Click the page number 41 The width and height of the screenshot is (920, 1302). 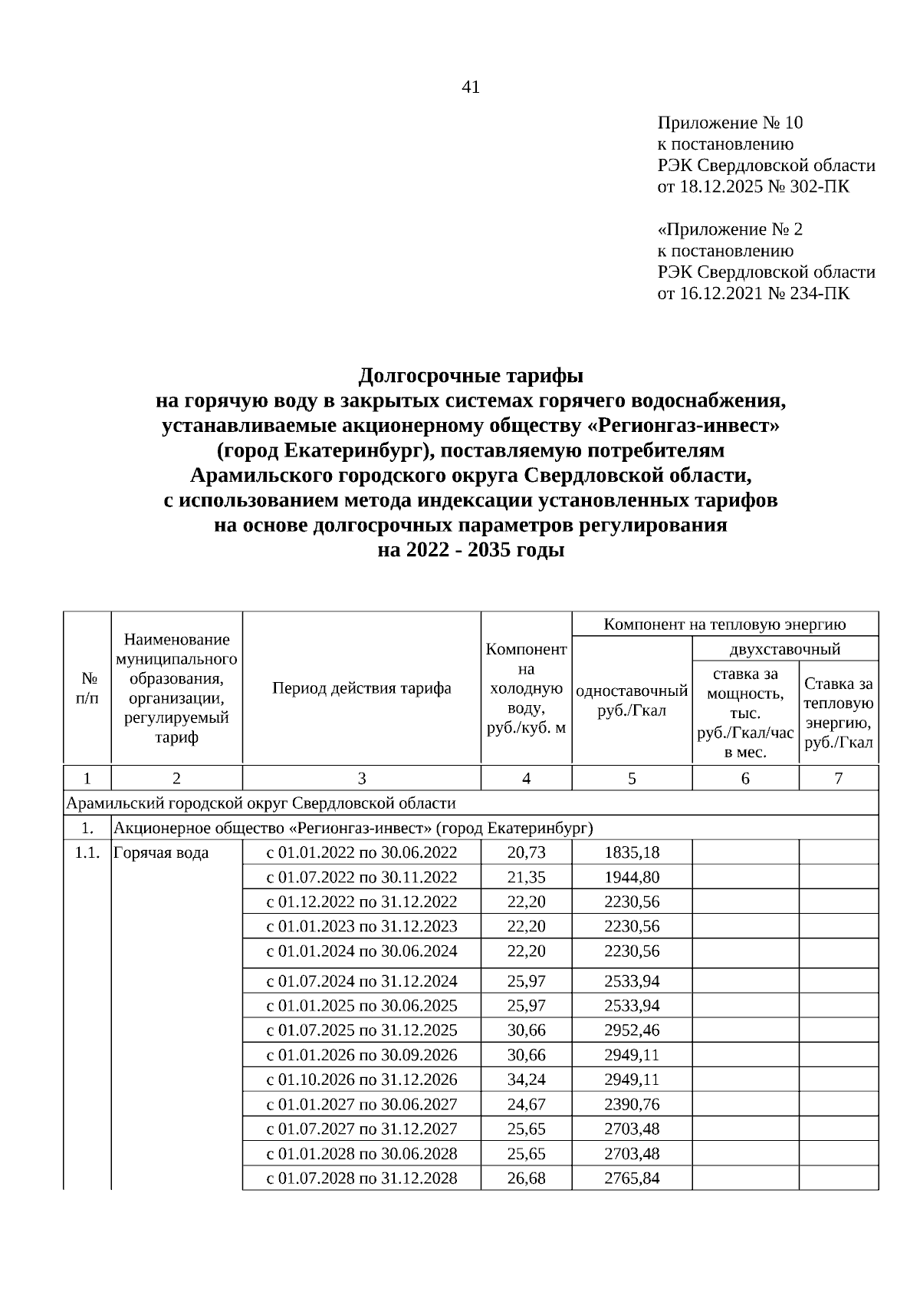[471, 87]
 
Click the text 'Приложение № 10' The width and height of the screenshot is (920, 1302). [730, 123]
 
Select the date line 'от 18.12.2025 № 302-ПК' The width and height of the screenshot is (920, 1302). [753, 186]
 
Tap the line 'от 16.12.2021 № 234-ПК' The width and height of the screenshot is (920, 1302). [753, 293]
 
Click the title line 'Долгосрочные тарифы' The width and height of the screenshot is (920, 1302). [471, 376]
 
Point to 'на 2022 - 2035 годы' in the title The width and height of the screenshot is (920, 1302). [471, 550]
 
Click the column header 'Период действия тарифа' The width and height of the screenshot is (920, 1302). [361, 688]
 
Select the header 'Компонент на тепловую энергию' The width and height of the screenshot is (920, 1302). [724, 624]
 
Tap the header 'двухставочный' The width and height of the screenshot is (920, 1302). [784, 649]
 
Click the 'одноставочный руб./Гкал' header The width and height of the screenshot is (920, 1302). [631, 700]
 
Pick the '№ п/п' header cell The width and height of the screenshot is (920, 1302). [87, 688]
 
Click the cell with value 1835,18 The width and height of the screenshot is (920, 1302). [631, 852]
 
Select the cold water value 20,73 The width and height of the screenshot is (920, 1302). [526, 852]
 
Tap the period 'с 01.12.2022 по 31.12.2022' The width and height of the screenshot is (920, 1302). [361, 902]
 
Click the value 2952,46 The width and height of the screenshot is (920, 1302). [631, 1030]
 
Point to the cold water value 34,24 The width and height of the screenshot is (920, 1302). [526, 1080]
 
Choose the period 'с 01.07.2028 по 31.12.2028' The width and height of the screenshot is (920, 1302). [361, 1178]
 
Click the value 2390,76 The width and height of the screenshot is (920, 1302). [631, 1104]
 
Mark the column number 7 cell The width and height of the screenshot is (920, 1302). [838, 778]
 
